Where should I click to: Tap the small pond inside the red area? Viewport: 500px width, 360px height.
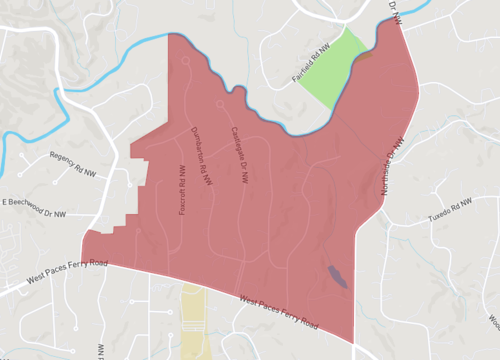(x=335, y=275)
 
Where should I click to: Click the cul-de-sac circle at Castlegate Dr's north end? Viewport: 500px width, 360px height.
(x=220, y=102)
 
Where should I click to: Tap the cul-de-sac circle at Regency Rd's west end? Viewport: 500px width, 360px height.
(x=15, y=180)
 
